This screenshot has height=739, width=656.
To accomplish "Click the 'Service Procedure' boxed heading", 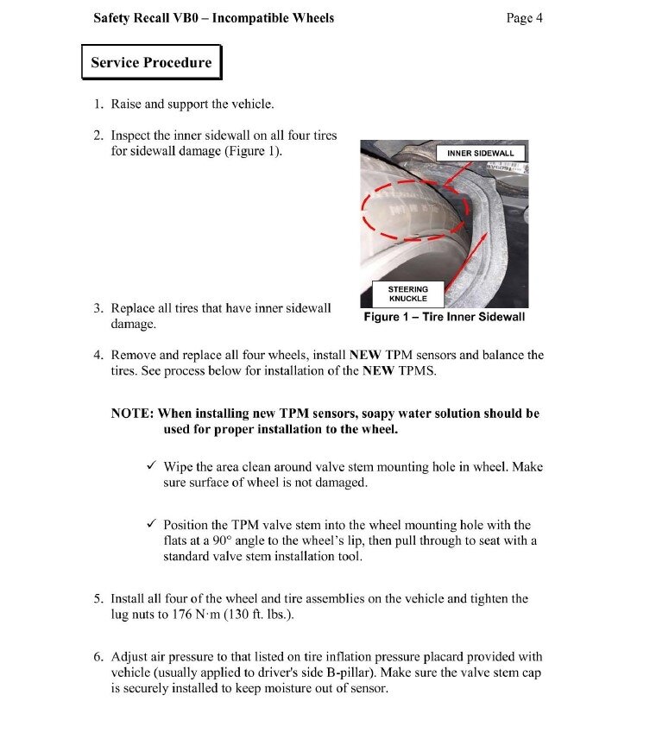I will [151, 62].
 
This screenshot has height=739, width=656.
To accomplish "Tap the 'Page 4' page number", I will [524, 17].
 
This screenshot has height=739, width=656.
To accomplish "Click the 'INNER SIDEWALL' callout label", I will [480, 153].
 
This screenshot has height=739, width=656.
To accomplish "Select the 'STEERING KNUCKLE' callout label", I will [407, 294].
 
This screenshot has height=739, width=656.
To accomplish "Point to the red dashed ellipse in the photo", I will [415, 210].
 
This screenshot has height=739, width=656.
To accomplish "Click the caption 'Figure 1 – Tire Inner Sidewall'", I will [444, 317].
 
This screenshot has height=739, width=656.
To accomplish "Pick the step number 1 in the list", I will [98, 104].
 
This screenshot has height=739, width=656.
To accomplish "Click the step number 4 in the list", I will [98, 355].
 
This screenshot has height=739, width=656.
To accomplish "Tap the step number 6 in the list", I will [98, 657].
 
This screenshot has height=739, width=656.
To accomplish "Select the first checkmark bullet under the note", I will [151, 466].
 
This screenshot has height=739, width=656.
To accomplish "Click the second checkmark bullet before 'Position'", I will [151, 524].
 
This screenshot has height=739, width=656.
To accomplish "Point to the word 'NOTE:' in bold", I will [132, 414].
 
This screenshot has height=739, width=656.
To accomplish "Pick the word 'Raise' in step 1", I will [127, 104].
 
